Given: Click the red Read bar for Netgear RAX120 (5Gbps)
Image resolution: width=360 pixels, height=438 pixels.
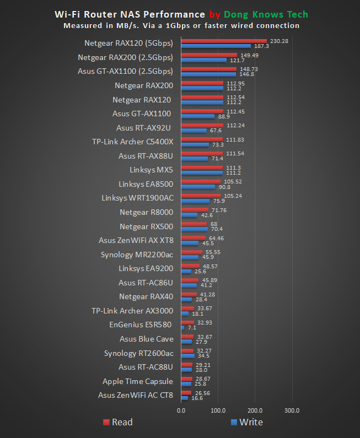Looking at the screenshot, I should click(223, 41).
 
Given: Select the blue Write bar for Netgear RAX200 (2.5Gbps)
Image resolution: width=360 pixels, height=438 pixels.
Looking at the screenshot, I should click(203, 60).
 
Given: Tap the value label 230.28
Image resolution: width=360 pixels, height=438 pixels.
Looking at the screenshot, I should click(278, 41).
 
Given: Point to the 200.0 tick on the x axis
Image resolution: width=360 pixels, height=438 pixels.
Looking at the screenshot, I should click(255, 410).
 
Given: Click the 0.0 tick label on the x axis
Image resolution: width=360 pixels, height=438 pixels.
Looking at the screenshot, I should click(181, 410).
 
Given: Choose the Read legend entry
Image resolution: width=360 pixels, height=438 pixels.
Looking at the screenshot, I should click(117, 423).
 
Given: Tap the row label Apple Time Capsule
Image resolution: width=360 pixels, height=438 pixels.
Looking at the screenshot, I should click(137, 381).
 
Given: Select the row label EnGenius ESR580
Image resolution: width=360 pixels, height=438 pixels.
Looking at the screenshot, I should click(141, 325).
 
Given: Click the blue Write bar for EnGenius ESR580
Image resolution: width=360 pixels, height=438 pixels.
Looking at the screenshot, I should click(182, 328).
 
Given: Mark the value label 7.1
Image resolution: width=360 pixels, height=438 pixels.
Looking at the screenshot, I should click(193, 328).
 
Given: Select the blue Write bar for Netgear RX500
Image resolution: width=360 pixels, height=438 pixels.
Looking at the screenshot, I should click(194, 229).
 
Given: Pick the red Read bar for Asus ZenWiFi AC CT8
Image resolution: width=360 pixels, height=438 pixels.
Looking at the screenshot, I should click(186, 393).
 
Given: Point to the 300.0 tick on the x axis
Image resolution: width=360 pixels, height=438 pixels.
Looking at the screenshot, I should click(292, 410).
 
